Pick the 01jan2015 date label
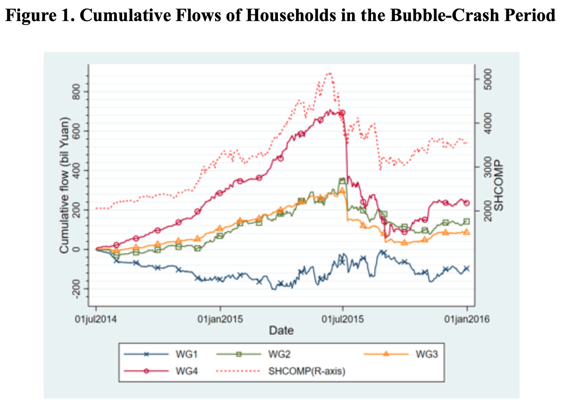click(x=220, y=319)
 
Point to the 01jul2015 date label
click(x=343, y=319)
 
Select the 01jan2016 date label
click(x=467, y=319)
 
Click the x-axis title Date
click(x=281, y=330)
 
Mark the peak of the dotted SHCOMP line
click(x=330, y=73)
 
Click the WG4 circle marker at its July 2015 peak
click(x=342, y=113)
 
